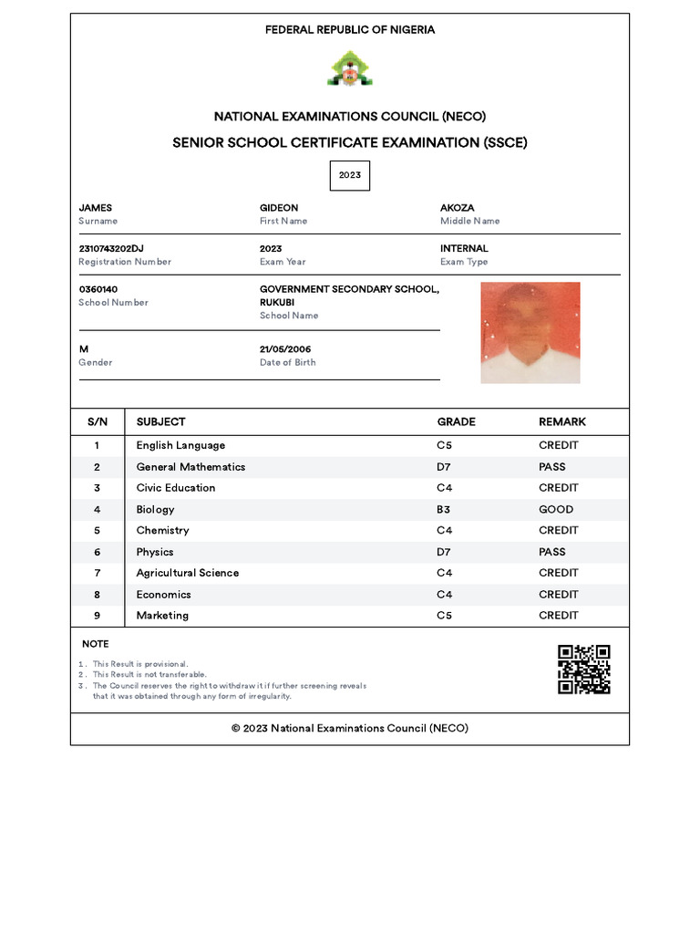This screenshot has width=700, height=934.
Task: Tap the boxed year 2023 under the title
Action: [350, 175]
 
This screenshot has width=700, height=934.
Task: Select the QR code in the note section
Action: [583, 669]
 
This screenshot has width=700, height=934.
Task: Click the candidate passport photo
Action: [530, 332]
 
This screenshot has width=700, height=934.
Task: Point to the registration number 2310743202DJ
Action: [111, 248]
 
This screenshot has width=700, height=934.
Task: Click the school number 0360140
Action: [98, 289]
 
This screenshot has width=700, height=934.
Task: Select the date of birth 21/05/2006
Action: [285, 349]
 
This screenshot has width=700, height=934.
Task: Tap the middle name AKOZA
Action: [457, 208]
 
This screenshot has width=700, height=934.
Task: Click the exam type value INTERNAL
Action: [464, 248]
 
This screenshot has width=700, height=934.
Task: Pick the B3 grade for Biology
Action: [444, 510]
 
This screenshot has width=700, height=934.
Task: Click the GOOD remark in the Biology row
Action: [556, 510]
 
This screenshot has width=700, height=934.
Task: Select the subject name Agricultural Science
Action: [188, 573]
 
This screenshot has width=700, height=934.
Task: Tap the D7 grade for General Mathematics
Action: [444, 467]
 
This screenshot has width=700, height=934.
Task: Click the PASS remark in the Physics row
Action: [551, 552]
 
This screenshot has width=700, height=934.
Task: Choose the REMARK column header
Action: [562, 421]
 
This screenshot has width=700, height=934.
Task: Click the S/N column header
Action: [98, 421]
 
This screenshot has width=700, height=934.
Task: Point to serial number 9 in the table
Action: [97, 616]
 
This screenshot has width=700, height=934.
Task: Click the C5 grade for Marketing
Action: [444, 616]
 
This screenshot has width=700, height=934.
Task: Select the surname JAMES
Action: [96, 208]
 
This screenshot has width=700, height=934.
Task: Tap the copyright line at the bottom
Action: [350, 729]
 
